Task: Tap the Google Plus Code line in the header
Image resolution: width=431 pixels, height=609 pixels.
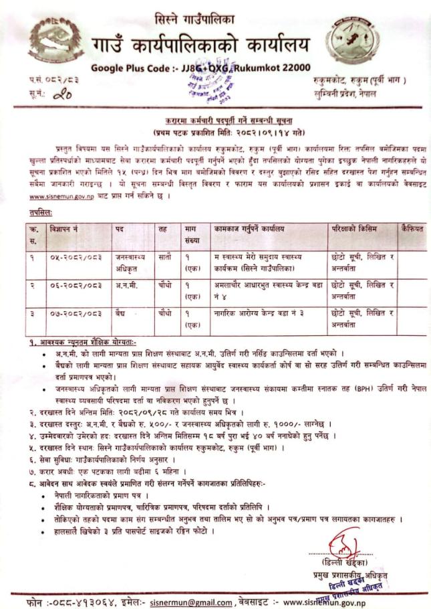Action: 200,67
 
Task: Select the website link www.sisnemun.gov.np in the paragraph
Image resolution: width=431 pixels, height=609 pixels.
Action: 59,197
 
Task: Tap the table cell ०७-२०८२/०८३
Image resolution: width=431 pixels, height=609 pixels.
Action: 76,312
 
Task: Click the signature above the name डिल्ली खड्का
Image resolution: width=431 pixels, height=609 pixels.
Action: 343,539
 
